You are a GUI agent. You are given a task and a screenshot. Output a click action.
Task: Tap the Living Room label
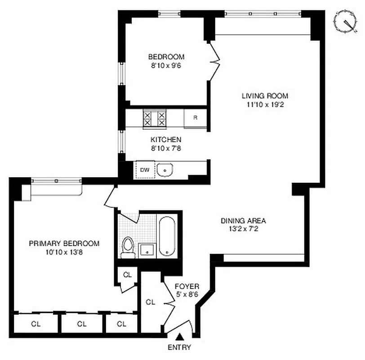[x=265, y=96]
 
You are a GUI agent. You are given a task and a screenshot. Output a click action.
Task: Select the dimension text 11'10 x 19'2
[x=265, y=105]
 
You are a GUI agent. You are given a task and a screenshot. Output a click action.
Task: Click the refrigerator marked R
[x=196, y=118]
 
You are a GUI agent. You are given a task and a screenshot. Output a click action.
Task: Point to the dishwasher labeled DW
[x=145, y=170]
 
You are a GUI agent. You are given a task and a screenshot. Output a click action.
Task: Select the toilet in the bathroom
[x=129, y=247]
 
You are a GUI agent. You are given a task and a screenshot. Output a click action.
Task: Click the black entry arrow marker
[x=179, y=336]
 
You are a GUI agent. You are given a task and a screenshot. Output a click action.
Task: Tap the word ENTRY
[x=179, y=347]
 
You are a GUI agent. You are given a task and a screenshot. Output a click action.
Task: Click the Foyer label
[x=187, y=286]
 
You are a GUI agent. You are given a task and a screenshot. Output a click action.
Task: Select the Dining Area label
[x=243, y=220]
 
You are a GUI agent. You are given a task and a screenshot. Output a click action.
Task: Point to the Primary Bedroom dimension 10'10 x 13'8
[x=64, y=252]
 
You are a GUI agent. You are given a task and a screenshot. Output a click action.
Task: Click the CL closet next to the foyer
[x=151, y=302]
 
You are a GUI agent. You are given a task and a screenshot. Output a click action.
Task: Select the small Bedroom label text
[x=166, y=57]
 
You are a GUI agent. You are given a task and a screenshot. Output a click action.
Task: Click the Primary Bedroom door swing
[x=109, y=198]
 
